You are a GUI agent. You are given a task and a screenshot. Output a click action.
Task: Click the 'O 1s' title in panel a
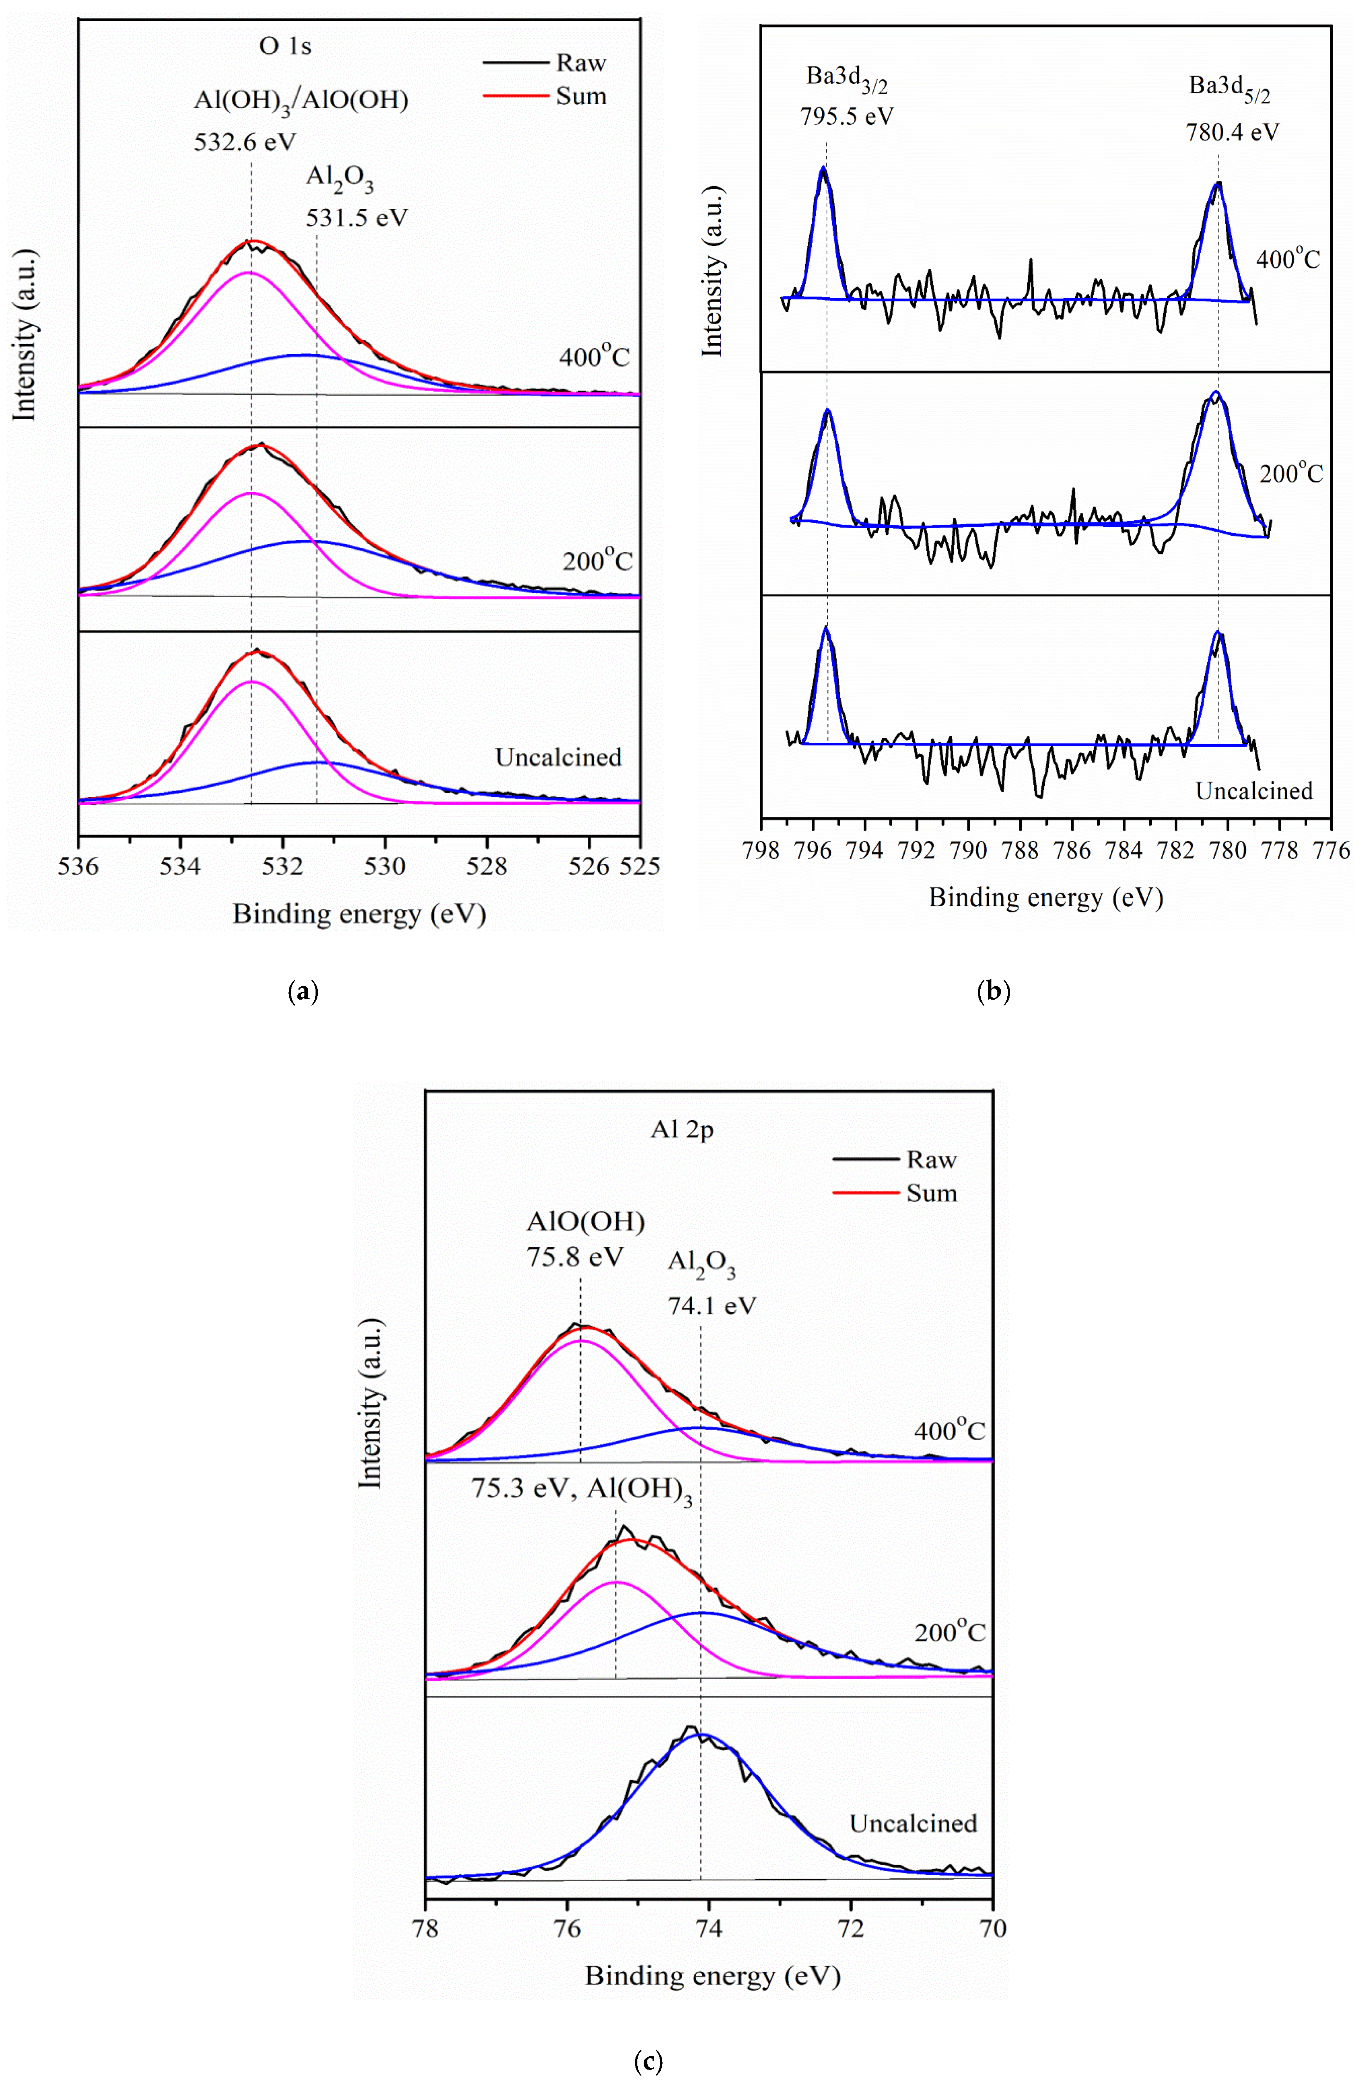285,47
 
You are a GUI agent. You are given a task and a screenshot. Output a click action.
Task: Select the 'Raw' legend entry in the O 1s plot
581,63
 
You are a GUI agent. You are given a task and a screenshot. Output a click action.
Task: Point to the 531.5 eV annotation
356,217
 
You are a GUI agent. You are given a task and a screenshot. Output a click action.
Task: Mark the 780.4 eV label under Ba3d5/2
1232,133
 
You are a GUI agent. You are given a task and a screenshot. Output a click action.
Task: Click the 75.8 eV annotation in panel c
574,1257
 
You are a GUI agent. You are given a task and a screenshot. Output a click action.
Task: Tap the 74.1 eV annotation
711,1306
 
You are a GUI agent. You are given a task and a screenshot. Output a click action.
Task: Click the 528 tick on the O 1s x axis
487,866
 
